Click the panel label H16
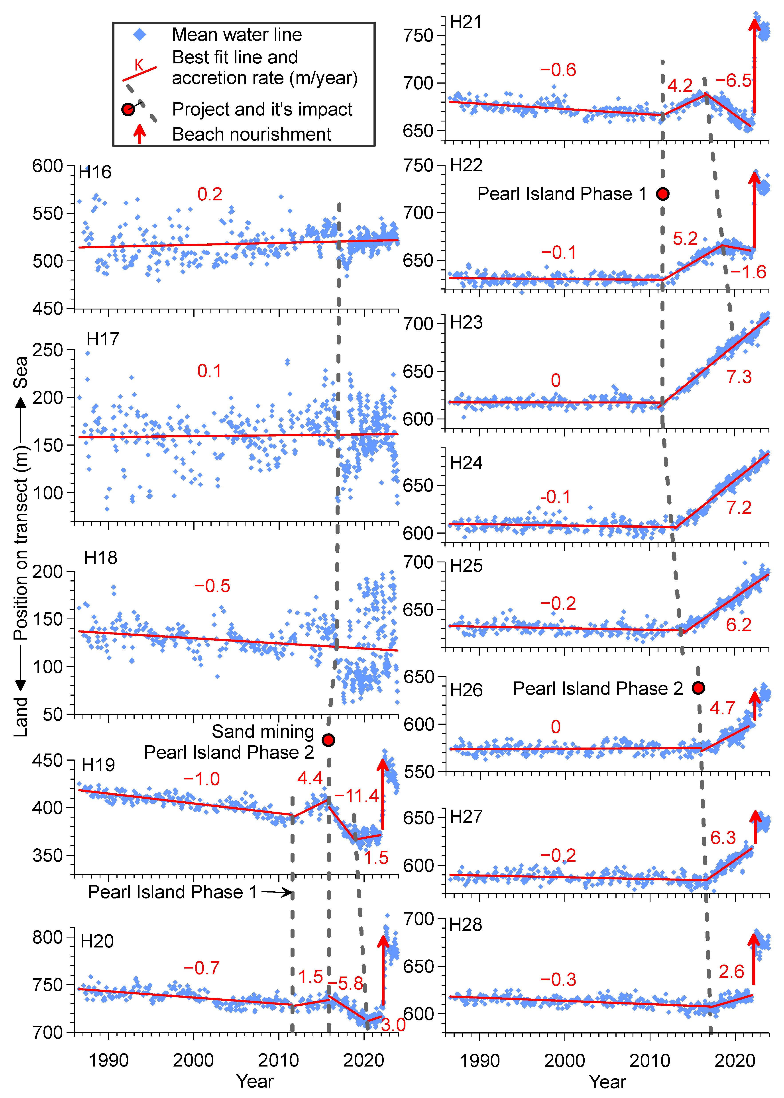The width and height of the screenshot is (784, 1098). click(95, 172)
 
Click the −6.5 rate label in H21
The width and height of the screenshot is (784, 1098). click(733, 80)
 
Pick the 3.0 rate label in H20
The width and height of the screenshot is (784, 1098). click(393, 1025)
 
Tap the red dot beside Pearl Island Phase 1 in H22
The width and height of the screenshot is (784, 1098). click(663, 194)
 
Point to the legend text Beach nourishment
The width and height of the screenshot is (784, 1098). click(252, 134)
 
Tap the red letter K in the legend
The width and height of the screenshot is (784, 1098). click(139, 65)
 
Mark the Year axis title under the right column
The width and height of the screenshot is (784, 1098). click(607, 1082)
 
